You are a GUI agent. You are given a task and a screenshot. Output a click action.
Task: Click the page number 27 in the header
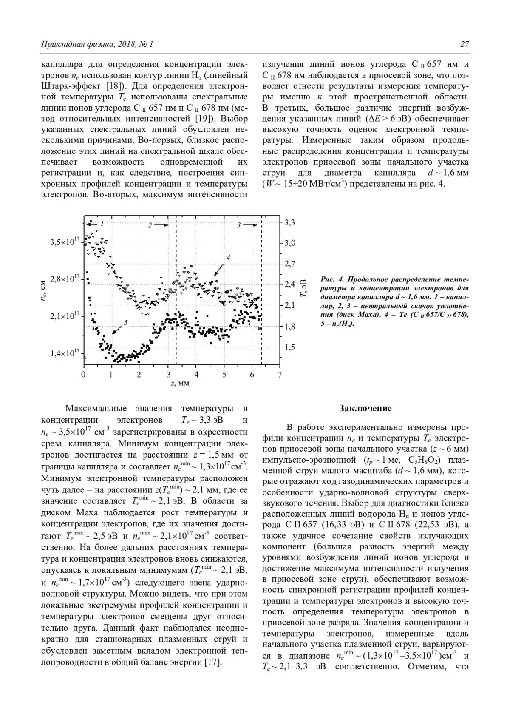(465, 44)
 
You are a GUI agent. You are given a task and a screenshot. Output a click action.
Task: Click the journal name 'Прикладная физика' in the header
(72, 44)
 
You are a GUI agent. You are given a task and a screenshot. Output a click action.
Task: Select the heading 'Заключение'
(365, 409)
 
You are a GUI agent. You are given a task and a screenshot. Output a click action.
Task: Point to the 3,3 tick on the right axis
(290, 222)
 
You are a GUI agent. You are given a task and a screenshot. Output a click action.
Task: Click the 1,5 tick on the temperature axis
(289, 347)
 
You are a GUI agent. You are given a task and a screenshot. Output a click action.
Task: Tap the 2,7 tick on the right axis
(290, 264)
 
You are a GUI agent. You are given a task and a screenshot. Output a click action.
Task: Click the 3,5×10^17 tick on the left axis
(65, 242)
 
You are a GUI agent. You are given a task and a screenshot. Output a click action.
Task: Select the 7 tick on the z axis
(279, 375)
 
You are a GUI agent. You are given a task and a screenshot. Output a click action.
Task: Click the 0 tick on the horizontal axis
(83, 375)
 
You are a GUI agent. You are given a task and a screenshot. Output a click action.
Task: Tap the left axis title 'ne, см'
(44, 293)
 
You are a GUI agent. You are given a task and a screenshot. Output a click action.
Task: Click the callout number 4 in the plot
(228, 258)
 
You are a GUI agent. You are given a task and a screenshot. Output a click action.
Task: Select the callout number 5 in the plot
(126, 323)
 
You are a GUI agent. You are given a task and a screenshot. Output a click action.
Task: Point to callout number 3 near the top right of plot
(238, 225)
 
